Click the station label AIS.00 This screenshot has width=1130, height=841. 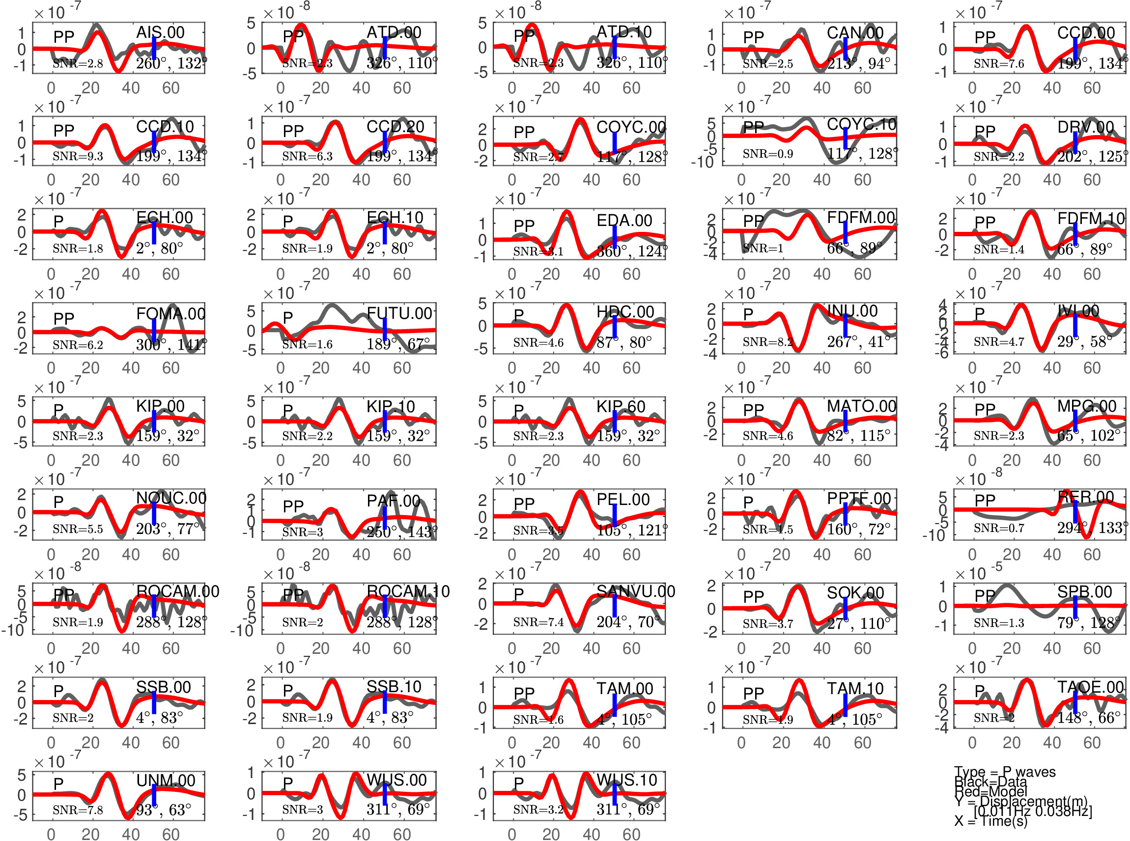pos(160,32)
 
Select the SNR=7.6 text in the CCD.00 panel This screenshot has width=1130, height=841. pos(999,64)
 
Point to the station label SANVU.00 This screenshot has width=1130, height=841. pos(635,591)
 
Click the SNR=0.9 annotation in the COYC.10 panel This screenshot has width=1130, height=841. pos(767,154)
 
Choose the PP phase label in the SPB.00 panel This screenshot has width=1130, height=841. pos(985,595)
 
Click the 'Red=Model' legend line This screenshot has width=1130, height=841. pos(990,791)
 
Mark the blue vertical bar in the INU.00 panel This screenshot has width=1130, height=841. pos(845,326)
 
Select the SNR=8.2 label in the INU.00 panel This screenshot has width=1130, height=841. pos(767,341)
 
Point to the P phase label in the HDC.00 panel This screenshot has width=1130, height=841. pos(518,315)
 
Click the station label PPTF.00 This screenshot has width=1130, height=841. pos(859,499)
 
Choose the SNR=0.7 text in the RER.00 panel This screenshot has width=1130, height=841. pos(999,529)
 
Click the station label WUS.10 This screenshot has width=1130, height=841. pos(626,780)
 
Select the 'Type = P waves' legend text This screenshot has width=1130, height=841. pos(1004,772)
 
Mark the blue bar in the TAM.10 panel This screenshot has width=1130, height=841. pos(845,705)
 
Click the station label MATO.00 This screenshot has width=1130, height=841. pos(861,406)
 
